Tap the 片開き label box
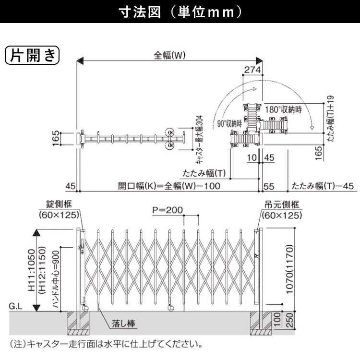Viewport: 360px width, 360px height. pos(31,55)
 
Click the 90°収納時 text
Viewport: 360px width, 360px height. pos(229,123)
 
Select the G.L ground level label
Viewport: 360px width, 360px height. pos(16,305)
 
